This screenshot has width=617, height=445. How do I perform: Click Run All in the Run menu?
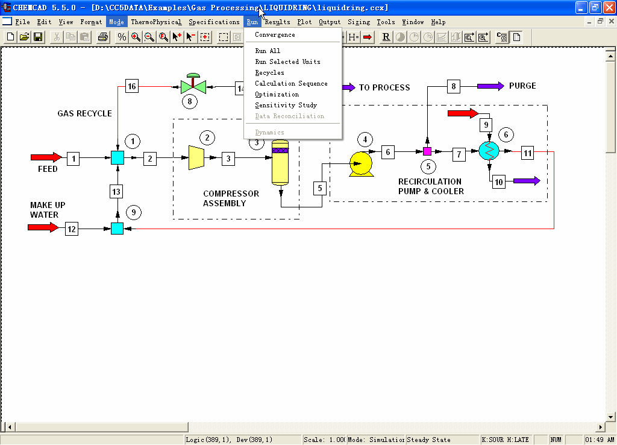point(268,51)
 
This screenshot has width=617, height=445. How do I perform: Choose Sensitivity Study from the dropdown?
point(286,105)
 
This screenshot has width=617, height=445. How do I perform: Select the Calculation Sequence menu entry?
point(291,83)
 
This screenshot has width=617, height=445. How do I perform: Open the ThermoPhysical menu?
point(156,22)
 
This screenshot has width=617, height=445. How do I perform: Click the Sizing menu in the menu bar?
point(359,22)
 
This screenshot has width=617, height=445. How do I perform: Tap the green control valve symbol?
point(193,84)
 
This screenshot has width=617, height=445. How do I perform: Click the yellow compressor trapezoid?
point(196,157)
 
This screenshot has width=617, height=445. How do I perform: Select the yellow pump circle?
point(361,164)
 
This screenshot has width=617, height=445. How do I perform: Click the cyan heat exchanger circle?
point(489,151)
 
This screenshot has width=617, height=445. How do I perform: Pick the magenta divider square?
point(427,151)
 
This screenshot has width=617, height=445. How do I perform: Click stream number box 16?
point(132,86)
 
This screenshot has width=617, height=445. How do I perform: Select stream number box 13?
point(116,192)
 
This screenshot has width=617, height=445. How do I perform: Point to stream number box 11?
point(528,153)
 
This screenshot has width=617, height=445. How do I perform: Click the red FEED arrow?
point(46,157)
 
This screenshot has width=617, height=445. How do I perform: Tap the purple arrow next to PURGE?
point(490,86)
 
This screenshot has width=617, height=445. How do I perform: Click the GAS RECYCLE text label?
point(84,113)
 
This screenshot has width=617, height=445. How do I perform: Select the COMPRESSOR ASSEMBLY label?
point(231,198)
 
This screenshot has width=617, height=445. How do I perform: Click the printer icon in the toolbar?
point(102,37)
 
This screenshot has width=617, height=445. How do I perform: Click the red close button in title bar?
point(609,7)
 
